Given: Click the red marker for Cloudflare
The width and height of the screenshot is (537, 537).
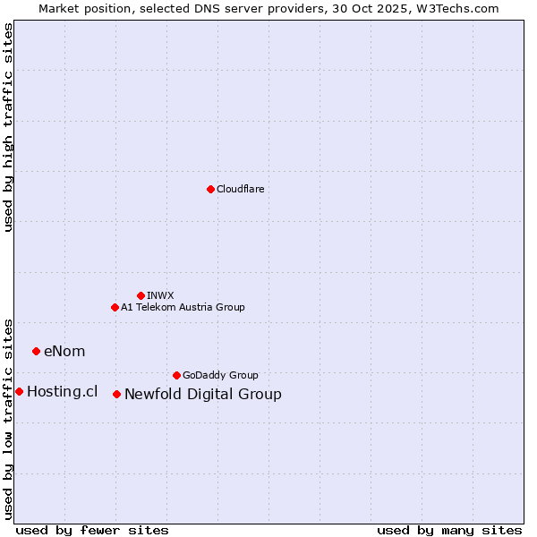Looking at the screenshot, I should tap(210, 189).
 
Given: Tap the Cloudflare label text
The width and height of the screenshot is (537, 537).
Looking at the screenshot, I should tap(241, 189).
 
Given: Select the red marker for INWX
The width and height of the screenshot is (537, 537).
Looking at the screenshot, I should tap(141, 295).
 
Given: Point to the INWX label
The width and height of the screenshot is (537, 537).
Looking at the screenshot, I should tap(160, 295).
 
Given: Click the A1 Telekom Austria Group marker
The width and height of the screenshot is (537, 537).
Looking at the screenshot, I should tap(115, 307).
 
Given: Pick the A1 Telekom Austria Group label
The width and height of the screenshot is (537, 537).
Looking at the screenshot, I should tap(183, 307).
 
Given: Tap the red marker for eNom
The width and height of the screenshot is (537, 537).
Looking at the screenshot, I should tap(36, 351).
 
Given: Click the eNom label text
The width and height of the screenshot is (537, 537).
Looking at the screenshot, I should tap(64, 351).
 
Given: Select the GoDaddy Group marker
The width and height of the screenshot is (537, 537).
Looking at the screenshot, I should tap(176, 375).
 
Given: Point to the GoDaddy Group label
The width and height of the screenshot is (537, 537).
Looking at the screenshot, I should tap(220, 375).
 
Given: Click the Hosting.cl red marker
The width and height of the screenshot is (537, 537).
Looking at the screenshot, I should tap(19, 391).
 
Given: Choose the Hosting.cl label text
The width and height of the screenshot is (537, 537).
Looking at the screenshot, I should tap(62, 391).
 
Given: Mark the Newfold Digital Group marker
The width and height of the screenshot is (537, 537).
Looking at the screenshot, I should tap(116, 394).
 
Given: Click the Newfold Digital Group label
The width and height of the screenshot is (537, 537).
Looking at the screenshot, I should tap(203, 394).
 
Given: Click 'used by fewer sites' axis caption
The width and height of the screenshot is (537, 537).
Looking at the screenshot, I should tap(92, 530).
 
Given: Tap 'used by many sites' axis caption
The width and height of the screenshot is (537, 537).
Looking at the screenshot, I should tap(449, 530).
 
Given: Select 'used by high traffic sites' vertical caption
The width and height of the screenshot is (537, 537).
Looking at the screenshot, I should tap(8, 127).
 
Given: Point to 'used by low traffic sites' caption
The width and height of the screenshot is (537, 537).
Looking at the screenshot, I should tap(8, 418).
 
